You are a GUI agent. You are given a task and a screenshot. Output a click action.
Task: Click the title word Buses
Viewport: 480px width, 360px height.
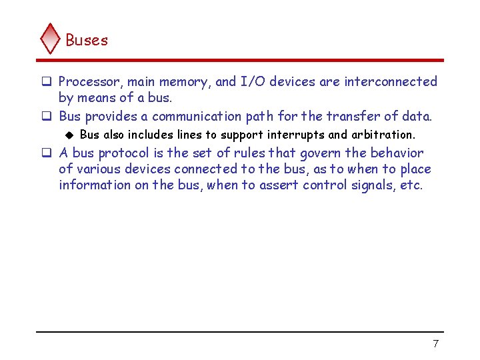tap(87, 40)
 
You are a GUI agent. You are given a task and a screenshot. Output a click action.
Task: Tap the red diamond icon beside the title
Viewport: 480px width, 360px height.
tap(51, 38)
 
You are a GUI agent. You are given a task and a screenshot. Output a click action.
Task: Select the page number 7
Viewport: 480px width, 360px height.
tap(435, 343)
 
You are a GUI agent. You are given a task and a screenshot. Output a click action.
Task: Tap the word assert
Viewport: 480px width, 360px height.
tap(279, 185)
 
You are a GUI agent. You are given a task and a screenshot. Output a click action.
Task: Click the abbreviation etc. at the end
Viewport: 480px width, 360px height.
tap(411, 185)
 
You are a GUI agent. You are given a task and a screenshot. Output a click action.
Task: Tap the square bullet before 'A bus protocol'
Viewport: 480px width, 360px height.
tap(47, 153)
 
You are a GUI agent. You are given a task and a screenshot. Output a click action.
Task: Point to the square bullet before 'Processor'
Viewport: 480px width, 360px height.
tap(47, 82)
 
